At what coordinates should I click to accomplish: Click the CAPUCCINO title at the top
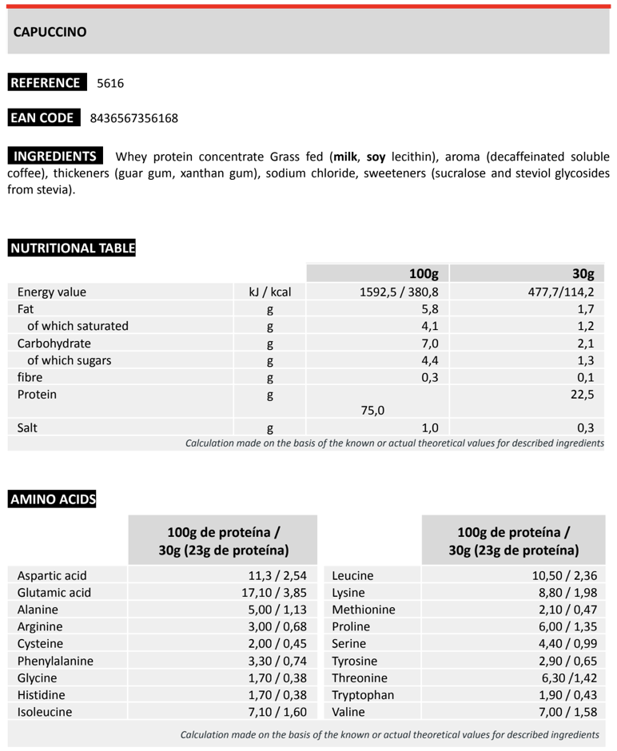(50, 32)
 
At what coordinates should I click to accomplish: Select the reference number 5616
(110, 83)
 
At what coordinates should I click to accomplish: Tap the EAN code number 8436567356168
(134, 118)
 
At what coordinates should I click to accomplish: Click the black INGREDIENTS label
(55, 156)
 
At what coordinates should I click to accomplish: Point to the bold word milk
(345, 157)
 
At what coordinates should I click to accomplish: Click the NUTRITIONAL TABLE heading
(72, 248)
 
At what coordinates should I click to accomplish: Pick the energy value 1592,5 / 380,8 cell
(400, 292)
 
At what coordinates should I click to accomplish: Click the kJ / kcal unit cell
(270, 292)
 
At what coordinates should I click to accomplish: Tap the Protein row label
(37, 394)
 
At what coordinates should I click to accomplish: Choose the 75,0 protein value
(372, 411)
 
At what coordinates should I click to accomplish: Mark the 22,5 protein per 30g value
(581, 394)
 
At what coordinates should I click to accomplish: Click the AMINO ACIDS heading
(53, 500)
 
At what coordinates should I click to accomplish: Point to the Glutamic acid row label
(54, 593)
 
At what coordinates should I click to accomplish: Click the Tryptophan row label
(363, 694)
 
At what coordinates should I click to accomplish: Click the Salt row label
(28, 427)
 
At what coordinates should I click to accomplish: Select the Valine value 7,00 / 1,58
(567, 712)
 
